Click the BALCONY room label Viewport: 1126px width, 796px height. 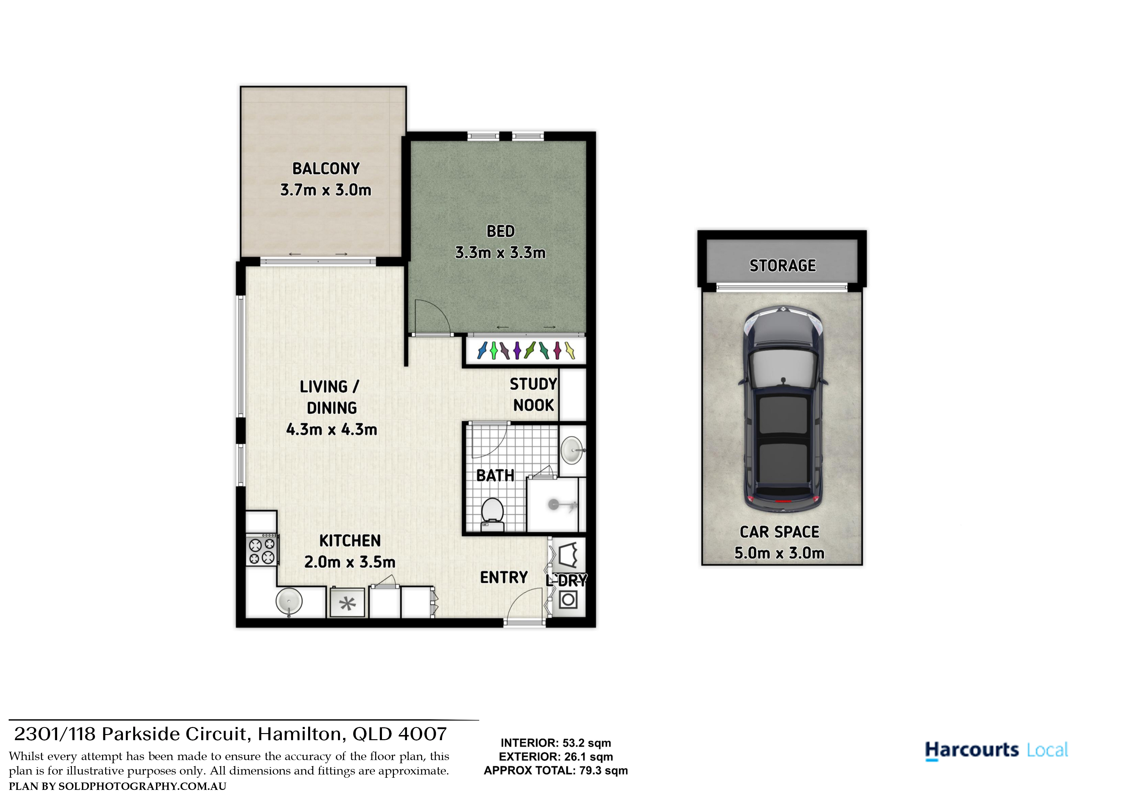[326, 169]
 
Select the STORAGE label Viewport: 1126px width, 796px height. [783, 266]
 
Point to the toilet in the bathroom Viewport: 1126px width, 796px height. [493, 514]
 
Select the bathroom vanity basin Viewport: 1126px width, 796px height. [572, 449]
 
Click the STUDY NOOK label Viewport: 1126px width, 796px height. [533, 394]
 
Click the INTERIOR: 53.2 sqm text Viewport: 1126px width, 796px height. [556, 743]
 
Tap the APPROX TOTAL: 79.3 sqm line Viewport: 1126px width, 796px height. [556, 771]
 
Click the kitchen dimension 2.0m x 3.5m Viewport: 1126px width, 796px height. [350, 562]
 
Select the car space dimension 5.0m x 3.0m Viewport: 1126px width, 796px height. [779, 553]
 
